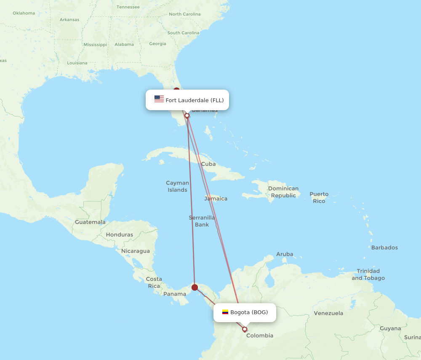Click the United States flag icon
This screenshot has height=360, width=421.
pos(159,99)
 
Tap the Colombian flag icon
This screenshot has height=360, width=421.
pos(225,312)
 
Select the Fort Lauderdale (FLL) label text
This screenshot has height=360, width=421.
pos(195,100)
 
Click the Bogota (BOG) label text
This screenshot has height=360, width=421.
pos(249,312)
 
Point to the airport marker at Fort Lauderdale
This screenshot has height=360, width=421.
pos(187,115)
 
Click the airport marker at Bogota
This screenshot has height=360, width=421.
pos(245,329)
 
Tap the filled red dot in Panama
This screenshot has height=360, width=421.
pos(195,287)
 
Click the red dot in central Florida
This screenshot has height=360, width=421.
pos(177,90)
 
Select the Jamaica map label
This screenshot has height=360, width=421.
pos(216,199)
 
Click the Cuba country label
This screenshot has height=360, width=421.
pos(208,164)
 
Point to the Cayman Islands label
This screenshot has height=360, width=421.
pos(177,186)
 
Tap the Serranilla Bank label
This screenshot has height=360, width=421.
pos(202,221)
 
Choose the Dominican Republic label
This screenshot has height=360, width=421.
pos(283,192)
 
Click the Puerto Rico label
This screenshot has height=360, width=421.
pos(319,198)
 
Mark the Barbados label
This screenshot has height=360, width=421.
pos(384,247)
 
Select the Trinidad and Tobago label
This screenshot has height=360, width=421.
pos(368,274)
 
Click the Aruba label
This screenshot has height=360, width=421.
pos(285,254)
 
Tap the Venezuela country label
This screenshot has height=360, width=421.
pos(328,313)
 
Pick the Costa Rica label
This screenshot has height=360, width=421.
pos(154,283)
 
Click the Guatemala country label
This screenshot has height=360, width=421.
pos(90,222)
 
